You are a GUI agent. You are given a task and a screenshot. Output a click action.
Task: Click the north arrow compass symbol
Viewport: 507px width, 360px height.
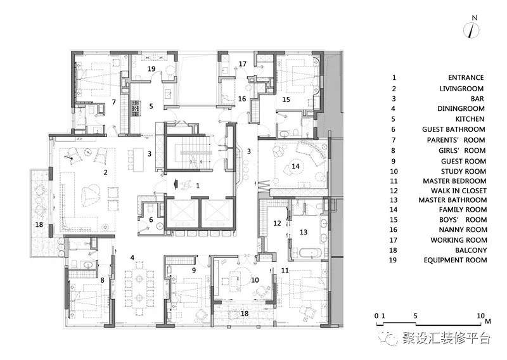(x=472, y=30)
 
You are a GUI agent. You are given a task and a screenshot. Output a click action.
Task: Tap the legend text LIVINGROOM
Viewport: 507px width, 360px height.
(x=461, y=89)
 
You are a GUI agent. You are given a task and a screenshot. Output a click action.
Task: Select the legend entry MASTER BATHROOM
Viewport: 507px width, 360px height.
(x=452, y=200)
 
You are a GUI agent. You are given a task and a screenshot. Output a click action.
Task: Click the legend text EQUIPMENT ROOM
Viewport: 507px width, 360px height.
(x=455, y=260)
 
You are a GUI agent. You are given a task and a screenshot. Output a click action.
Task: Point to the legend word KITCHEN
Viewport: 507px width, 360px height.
(x=470, y=119)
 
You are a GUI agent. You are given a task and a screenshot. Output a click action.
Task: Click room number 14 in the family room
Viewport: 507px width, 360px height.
(x=295, y=166)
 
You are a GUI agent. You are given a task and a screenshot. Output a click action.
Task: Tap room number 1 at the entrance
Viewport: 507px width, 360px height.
(x=198, y=186)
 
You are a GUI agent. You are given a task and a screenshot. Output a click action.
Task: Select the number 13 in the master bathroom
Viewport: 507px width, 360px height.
(x=304, y=232)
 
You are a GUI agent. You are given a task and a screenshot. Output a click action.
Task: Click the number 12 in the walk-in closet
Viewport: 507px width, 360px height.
(x=277, y=223)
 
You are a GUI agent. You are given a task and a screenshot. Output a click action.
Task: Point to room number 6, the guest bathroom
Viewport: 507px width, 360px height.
(x=151, y=220)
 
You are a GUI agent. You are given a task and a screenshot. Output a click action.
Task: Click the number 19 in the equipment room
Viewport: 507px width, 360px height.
(x=151, y=68)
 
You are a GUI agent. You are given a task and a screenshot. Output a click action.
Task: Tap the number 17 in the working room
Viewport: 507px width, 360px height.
(x=243, y=64)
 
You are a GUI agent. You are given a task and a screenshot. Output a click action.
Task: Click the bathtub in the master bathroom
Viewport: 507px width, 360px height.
(x=310, y=253)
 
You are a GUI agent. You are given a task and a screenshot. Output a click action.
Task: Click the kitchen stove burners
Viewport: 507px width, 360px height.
(x=134, y=108)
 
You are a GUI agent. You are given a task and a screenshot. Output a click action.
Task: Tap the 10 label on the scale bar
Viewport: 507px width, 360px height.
(x=481, y=316)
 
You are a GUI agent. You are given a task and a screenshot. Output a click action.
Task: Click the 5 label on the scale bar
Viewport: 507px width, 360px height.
(x=416, y=316)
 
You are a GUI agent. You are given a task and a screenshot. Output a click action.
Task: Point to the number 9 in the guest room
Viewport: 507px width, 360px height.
(x=194, y=270)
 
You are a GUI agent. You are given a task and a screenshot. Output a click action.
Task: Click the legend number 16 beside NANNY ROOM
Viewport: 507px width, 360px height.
(x=394, y=229)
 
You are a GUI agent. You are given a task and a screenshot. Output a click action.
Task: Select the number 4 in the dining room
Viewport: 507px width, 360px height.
(x=132, y=257)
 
